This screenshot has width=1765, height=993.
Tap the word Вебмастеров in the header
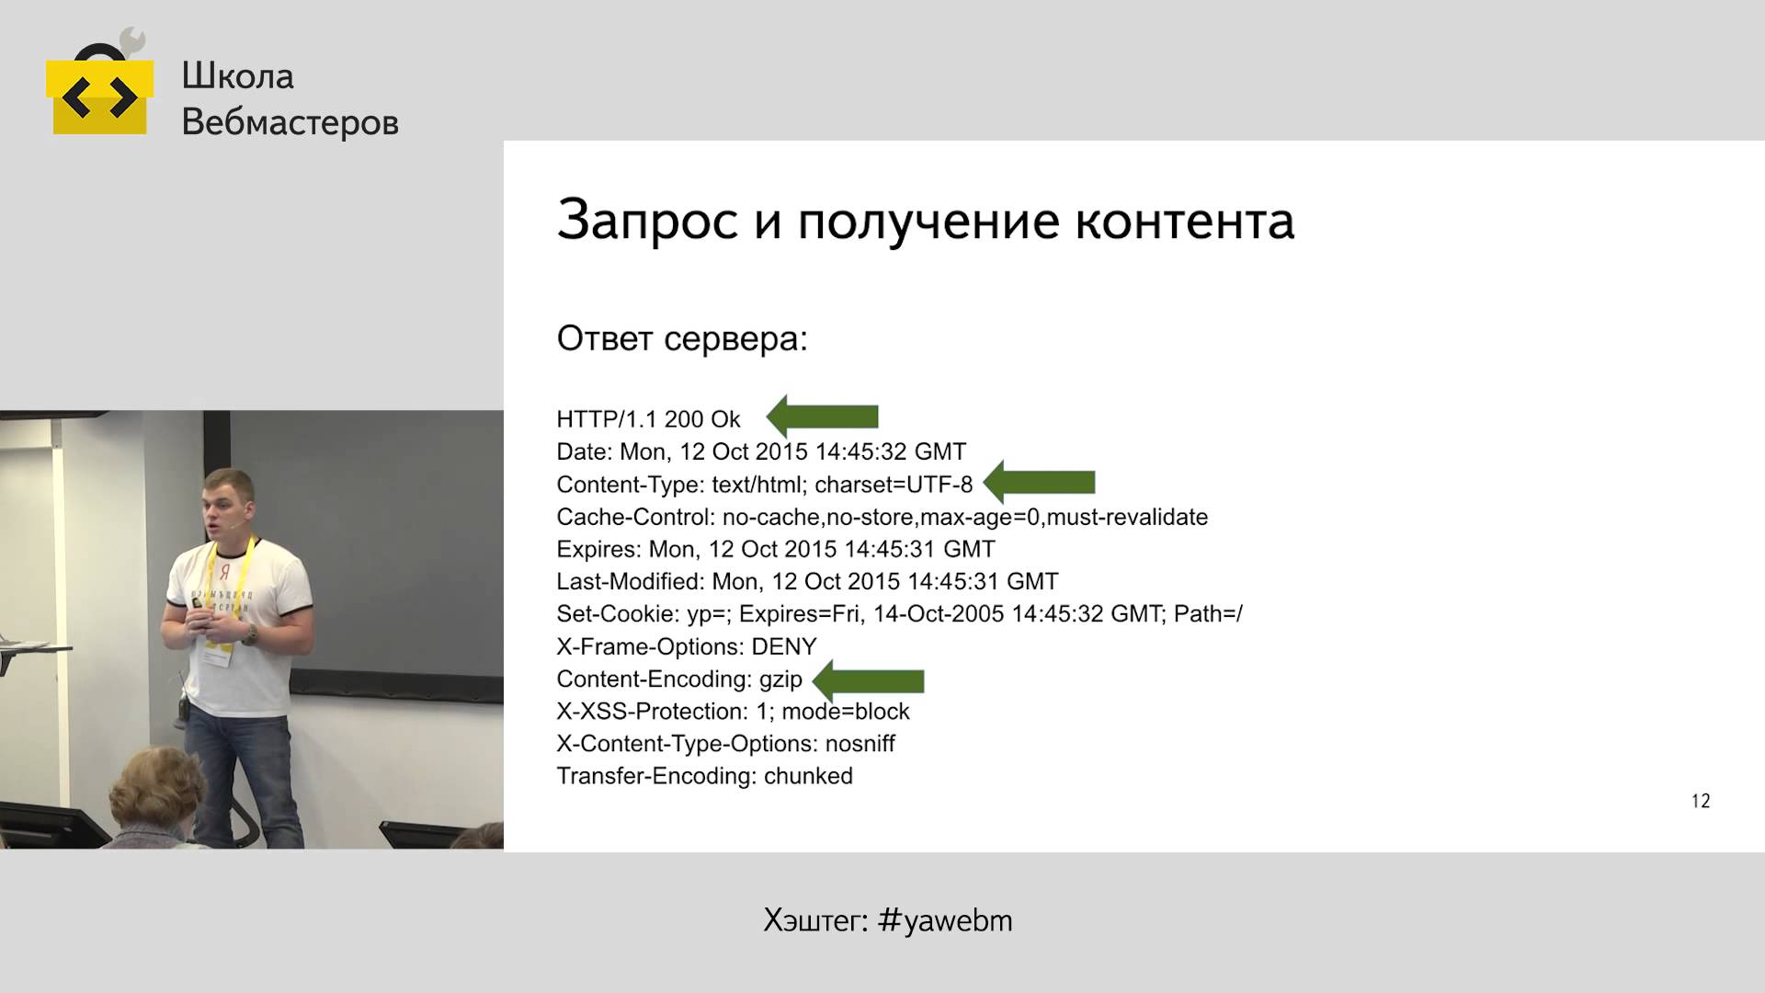click(x=290, y=121)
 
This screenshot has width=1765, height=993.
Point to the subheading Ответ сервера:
click(x=682, y=339)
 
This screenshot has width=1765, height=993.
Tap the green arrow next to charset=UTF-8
click(x=1039, y=482)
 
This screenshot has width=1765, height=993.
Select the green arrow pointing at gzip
click(x=869, y=681)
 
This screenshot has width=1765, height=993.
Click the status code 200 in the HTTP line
click(x=683, y=419)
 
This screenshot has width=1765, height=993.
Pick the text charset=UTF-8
click(x=894, y=485)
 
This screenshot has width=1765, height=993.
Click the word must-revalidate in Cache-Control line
click(x=1127, y=517)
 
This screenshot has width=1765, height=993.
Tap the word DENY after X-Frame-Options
click(x=784, y=646)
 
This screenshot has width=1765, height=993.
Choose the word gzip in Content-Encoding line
click(x=780, y=680)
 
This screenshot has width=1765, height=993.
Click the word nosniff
click(x=860, y=743)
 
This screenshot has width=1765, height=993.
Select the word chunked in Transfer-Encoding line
click(x=808, y=776)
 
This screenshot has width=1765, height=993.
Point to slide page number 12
click(x=1701, y=801)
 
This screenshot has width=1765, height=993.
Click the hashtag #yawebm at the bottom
click(x=945, y=920)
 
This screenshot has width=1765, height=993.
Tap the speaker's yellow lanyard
click(x=227, y=588)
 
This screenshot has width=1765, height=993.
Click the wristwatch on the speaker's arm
click(x=248, y=634)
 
